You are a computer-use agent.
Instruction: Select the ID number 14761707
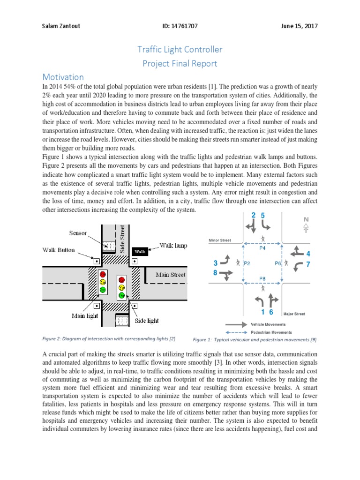[x=180, y=26]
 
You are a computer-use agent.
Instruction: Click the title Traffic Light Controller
[x=180, y=49]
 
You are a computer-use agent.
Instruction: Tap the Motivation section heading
[x=63, y=77]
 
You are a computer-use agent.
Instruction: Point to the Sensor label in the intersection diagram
[x=78, y=233]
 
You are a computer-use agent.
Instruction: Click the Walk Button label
[x=59, y=250]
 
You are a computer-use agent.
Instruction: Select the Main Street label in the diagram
[x=171, y=275]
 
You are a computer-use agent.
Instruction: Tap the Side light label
[x=147, y=321]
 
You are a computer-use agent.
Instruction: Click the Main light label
[x=85, y=316]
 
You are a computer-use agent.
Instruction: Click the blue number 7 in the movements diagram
[x=308, y=264]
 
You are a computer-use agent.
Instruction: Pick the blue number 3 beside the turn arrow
[x=215, y=263]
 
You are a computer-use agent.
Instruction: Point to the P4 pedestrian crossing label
[x=262, y=248]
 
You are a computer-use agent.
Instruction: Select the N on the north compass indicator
[x=307, y=219]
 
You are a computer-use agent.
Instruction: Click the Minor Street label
[x=219, y=240]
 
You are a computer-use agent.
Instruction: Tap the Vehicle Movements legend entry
[x=269, y=324]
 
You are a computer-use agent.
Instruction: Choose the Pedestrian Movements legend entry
[x=270, y=331]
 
